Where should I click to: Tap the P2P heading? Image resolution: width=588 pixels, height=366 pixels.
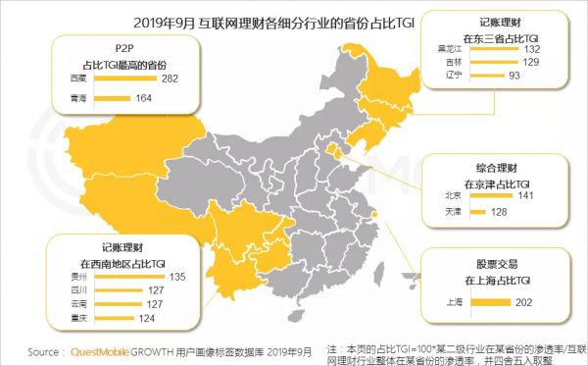(123, 46)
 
